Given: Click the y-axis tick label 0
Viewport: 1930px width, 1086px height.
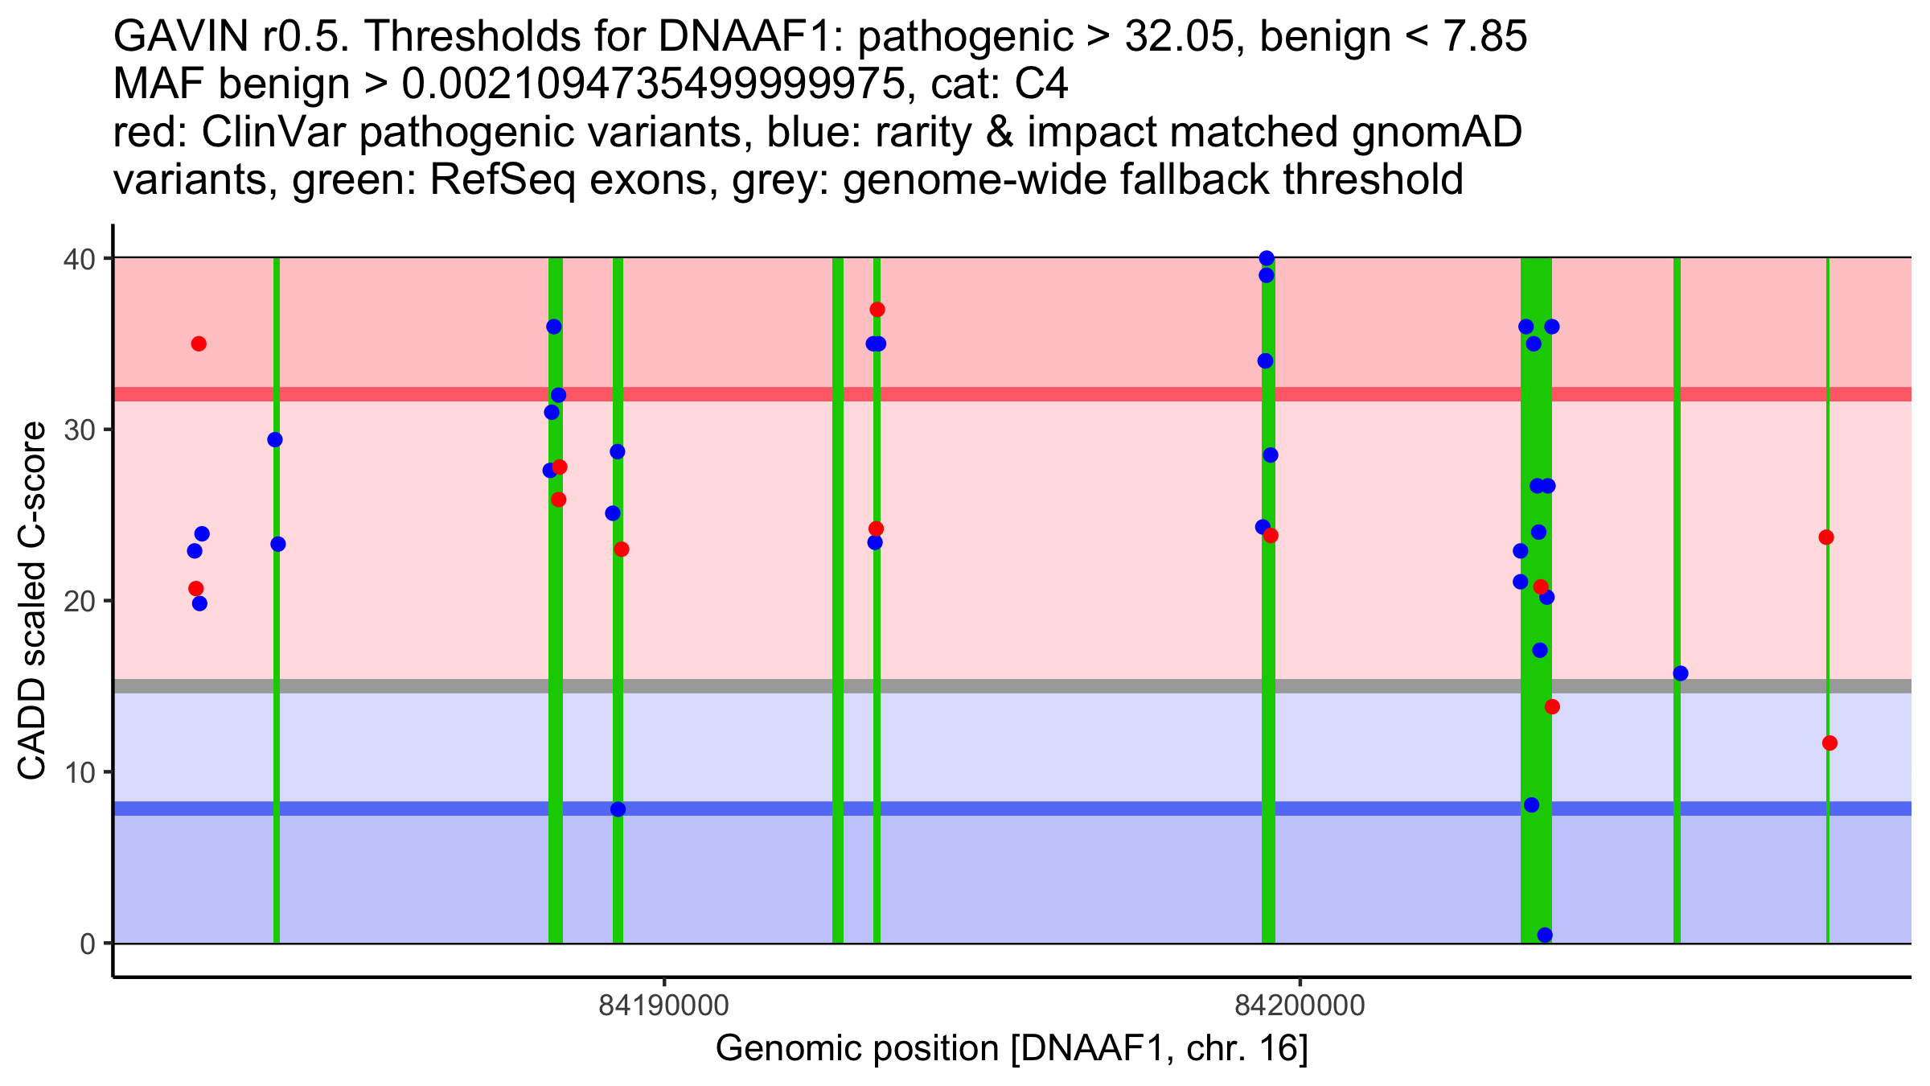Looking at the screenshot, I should pos(87,944).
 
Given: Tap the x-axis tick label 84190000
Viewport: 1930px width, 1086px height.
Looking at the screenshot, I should pos(663,1006).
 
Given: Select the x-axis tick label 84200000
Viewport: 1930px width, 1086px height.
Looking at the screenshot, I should pos(1300,1006).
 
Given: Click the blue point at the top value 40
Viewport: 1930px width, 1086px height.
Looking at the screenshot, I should pos(1267,258).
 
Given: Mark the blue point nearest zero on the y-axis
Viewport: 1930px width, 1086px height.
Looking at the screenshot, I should pos(1545,935).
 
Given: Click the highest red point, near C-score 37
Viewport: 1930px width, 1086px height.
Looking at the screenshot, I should pos(877,310).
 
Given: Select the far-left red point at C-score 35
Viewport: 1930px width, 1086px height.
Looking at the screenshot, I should pos(199,344).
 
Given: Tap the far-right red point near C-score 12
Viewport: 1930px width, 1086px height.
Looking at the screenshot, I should pos(1829,743).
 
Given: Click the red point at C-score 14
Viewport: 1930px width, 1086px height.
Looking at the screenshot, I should pos(1552,707).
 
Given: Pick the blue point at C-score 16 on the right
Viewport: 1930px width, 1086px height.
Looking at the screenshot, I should pos(1681,673).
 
